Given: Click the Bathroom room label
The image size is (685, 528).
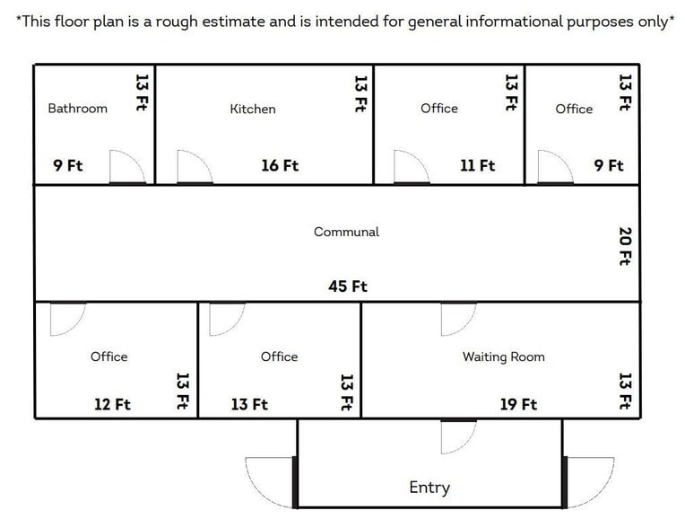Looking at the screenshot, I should [x=77, y=109].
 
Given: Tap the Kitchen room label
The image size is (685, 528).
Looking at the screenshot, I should [x=253, y=109].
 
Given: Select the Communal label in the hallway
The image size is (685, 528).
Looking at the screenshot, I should [x=346, y=232].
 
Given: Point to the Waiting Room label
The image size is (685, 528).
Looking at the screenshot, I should [x=503, y=356].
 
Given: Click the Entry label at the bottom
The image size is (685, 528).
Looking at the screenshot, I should [x=429, y=488].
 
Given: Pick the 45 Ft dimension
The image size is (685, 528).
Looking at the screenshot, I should [x=348, y=286].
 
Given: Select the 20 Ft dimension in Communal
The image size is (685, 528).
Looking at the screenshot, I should [x=626, y=246].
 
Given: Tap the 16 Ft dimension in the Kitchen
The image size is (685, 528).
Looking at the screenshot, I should [x=280, y=165].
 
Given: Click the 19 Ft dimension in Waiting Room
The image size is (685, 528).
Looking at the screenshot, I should [x=518, y=404].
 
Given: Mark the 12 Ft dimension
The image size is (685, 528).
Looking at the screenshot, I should [x=112, y=404].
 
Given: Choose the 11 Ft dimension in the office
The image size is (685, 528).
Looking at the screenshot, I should [x=477, y=165].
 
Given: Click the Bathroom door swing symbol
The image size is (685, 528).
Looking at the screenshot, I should [x=126, y=168].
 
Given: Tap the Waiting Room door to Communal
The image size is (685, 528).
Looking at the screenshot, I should [x=457, y=319].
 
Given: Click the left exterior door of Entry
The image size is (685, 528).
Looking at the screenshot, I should [x=269, y=482].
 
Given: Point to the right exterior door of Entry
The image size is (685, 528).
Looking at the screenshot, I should [x=589, y=482].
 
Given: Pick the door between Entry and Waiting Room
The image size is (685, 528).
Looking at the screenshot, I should [x=458, y=436].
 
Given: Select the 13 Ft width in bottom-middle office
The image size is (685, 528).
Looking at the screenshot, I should [x=249, y=404].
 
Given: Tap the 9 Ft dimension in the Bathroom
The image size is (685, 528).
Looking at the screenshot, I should [x=67, y=165].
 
